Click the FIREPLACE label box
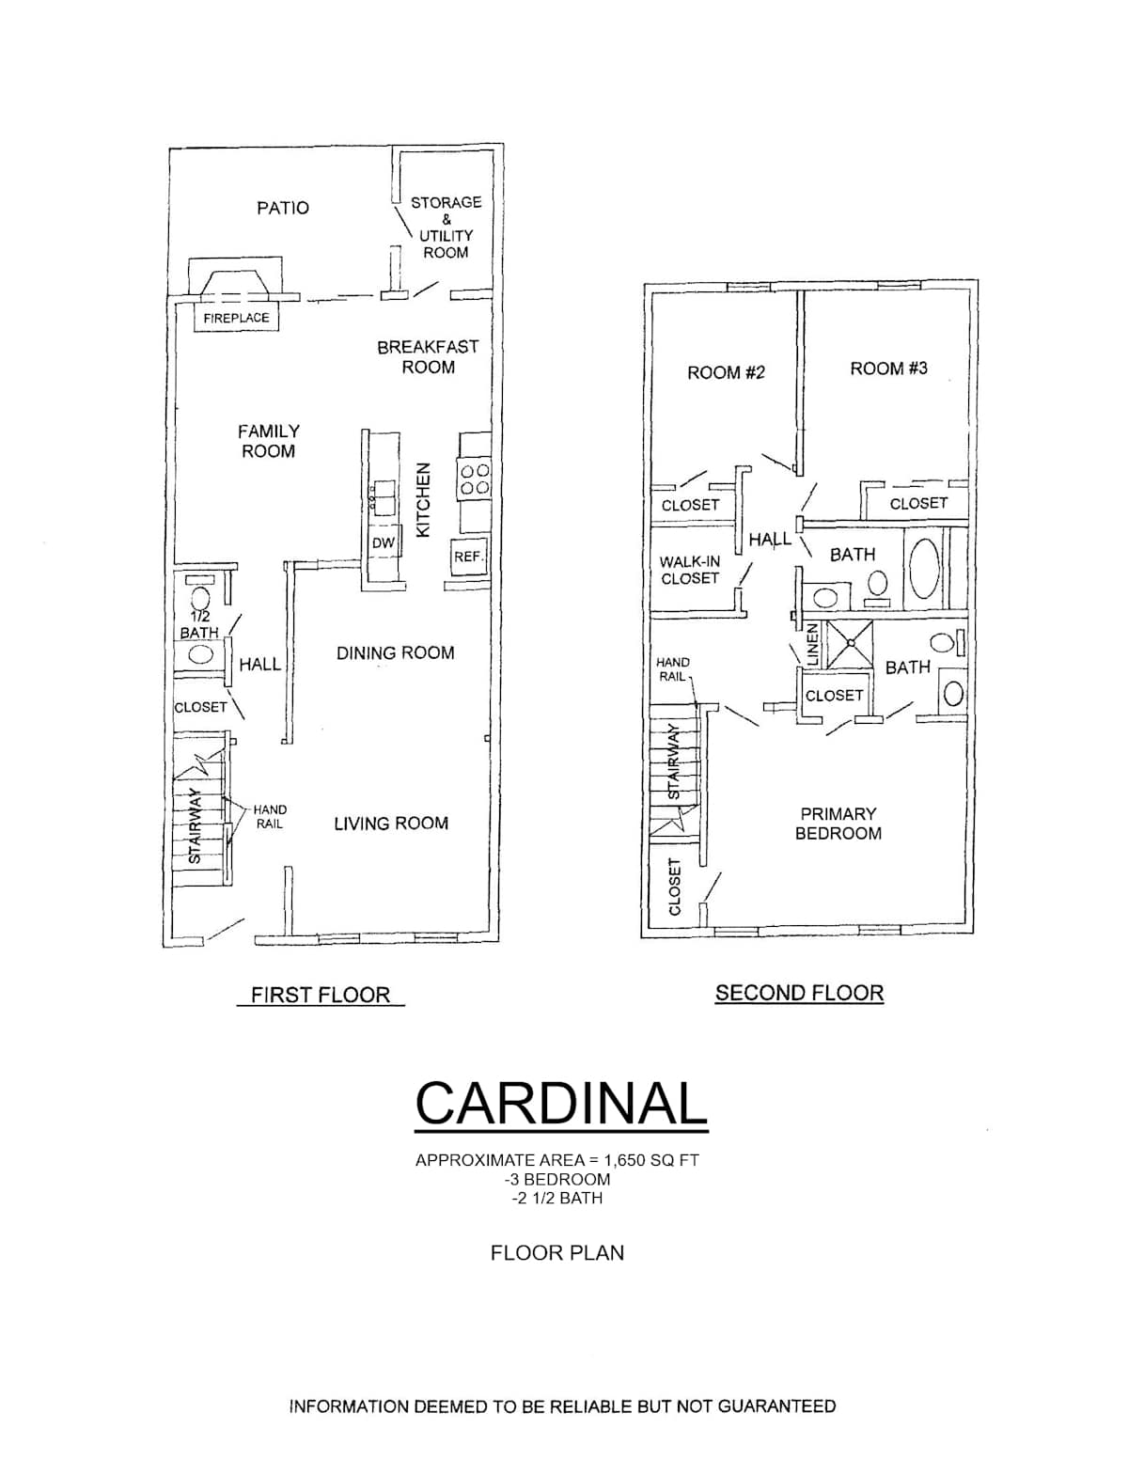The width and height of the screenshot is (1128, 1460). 236,317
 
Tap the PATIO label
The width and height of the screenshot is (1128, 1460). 283,209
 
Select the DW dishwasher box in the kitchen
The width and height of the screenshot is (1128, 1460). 384,542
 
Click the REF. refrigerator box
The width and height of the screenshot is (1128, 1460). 468,557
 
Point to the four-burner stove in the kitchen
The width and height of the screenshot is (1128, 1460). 474,479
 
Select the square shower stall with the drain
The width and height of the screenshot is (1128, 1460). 849,645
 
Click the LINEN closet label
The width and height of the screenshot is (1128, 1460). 813,645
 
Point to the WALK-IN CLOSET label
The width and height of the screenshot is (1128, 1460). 690,570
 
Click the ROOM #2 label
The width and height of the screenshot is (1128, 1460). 726,372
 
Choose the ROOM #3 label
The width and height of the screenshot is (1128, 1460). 889,369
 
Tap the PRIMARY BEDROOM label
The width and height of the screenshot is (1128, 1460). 838,824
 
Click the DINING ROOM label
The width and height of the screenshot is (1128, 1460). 395,652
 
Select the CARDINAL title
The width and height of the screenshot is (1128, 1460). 561,1104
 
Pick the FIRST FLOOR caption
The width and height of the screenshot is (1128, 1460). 321,995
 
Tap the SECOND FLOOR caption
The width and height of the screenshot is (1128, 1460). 800,993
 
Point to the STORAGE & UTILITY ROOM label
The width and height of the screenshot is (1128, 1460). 446,228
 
